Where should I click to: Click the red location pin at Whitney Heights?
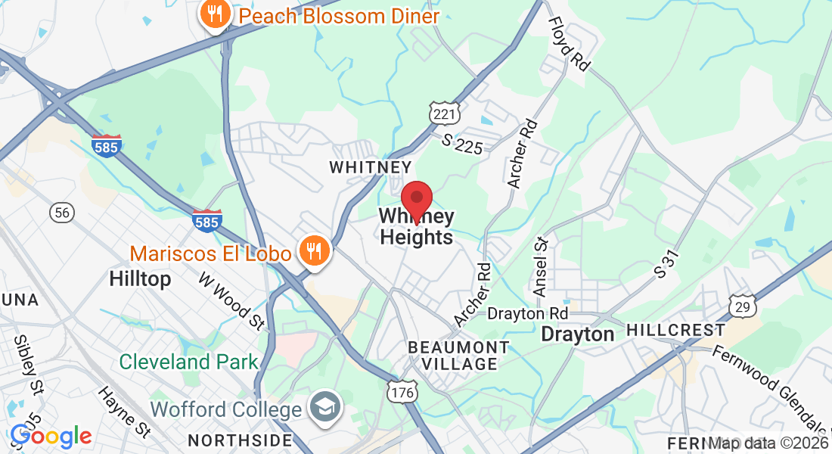[x=416, y=199]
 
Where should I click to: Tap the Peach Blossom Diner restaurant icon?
[x=216, y=15]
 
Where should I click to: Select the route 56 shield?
[x=63, y=213]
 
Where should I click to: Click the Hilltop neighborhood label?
[x=140, y=278]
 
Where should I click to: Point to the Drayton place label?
[x=578, y=334]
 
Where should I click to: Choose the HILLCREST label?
[x=675, y=331]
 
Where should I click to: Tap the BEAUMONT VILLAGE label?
[x=458, y=356]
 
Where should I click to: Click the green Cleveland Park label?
[x=189, y=362]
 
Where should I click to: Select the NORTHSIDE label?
[x=240, y=440]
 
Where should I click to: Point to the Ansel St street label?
[x=541, y=266]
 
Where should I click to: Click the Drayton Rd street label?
[x=527, y=313]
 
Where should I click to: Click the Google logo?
[x=51, y=436]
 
